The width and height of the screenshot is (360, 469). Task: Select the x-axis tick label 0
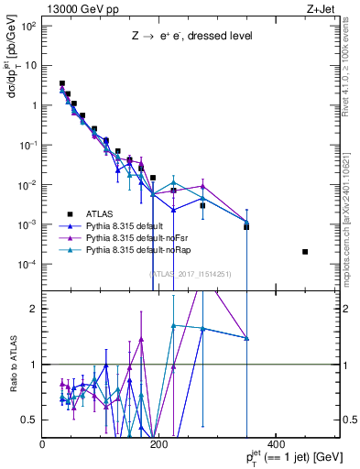43,444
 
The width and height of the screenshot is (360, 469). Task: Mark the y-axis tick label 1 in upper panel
33,105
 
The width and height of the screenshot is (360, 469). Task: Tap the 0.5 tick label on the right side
348,420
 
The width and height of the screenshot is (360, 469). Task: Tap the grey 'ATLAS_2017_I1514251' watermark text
190,273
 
